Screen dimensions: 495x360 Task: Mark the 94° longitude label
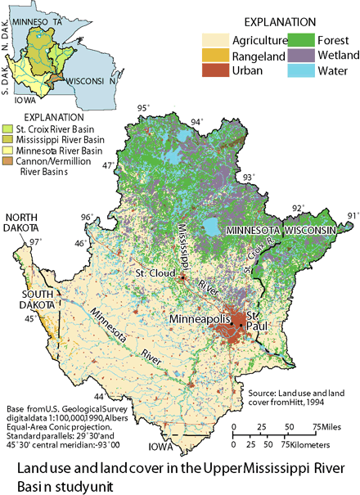[196, 123]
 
